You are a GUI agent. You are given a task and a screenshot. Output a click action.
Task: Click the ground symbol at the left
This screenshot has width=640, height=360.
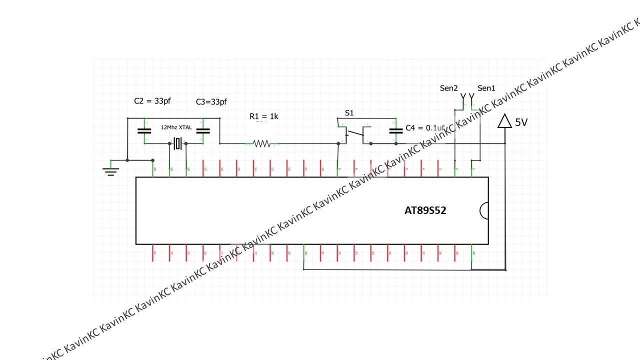pos(110,171)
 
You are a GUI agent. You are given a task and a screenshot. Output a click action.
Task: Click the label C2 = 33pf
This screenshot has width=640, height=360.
pos(152,100)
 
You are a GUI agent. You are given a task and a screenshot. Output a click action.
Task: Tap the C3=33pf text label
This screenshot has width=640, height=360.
pos(211,102)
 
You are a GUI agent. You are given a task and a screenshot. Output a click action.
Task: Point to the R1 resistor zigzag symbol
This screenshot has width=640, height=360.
pos(262,144)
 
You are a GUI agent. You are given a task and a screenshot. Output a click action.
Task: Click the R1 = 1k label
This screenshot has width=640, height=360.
pos(264,116)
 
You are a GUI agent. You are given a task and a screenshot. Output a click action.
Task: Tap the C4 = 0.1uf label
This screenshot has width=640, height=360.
pos(425,128)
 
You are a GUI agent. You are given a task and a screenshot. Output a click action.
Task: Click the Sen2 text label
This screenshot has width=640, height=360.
pos(448,88)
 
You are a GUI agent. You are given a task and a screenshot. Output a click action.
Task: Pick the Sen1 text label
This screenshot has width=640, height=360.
pos(486,88)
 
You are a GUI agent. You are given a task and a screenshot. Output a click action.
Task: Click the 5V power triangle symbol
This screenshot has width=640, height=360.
pos(505,121)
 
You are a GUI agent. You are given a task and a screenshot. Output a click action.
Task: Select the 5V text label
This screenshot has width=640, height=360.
pos(521,122)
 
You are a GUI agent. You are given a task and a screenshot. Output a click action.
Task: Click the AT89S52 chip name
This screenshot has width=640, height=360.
pos(425,210)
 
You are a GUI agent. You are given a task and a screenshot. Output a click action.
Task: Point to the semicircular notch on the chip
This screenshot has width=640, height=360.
pos(484,210)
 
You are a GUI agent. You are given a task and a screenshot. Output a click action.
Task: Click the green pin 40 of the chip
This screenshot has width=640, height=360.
pos(472,253)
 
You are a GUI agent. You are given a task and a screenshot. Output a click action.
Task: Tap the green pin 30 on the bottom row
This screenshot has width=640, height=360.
pos(304,253)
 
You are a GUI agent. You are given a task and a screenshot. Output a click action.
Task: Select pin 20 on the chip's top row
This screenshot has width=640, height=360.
pos(153,169)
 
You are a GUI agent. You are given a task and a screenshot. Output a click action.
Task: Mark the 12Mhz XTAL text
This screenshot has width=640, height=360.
pos(176,127)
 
